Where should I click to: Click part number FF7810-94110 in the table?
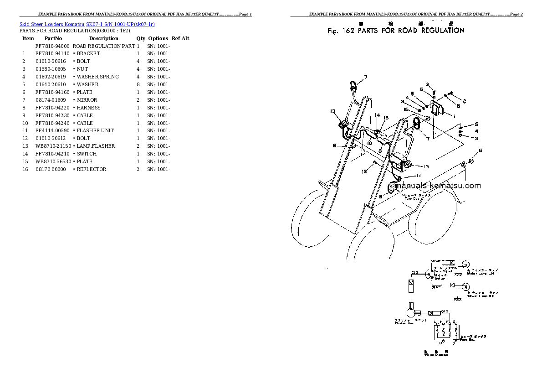pyautogui.click(x=52, y=53)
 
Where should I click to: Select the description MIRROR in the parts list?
pyautogui.click(x=87, y=100)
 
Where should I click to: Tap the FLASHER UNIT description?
pyautogui.click(x=95, y=130)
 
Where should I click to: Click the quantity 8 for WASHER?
pyautogui.click(x=138, y=84)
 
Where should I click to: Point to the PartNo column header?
pyautogui.click(x=53, y=38)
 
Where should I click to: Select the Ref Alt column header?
pyautogui.click(x=180, y=38)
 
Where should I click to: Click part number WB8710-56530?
pyautogui.click(x=53, y=161)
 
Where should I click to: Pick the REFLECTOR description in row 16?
pyautogui.click(x=92, y=169)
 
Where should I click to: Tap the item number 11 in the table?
pyautogui.click(x=25, y=130)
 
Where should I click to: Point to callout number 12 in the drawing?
pyautogui.click(x=364, y=172)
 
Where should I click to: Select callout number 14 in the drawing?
pyautogui.click(x=377, y=116)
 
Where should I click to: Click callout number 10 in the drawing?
pyautogui.click(x=369, y=143)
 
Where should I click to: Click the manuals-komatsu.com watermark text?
pyautogui.click(x=438, y=186)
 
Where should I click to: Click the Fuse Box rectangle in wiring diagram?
pyautogui.click(x=446, y=333)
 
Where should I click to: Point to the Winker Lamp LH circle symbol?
pyautogui.click(x=465, y=264)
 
